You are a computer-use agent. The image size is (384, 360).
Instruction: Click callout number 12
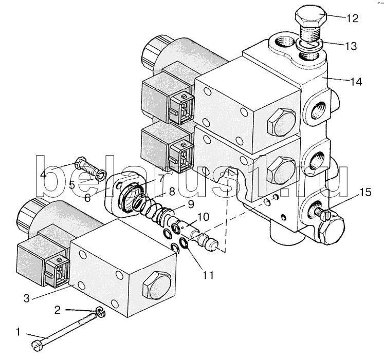pyautogui.click(x=353, y=18)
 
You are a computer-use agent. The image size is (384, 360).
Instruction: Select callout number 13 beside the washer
pyautogui.click(x=351, y=46)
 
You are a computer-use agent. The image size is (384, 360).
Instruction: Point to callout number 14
pyautogui.click(x=356, y=82)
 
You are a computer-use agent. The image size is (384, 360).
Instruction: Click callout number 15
pyautogui.click(x=365, y=192)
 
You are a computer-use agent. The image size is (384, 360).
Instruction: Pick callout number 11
pyautogui.click(x=208, y=275)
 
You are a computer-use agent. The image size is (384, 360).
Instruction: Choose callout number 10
pyautogui.click(x=203, y=217)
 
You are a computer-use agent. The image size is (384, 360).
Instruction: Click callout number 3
pyautogui.click(x=27, y=298)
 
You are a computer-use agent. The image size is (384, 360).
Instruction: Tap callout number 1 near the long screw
pyautogui.click(x=18, y=332)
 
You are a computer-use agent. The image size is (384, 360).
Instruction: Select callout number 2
pyautogui.click(x=57, y=310)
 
